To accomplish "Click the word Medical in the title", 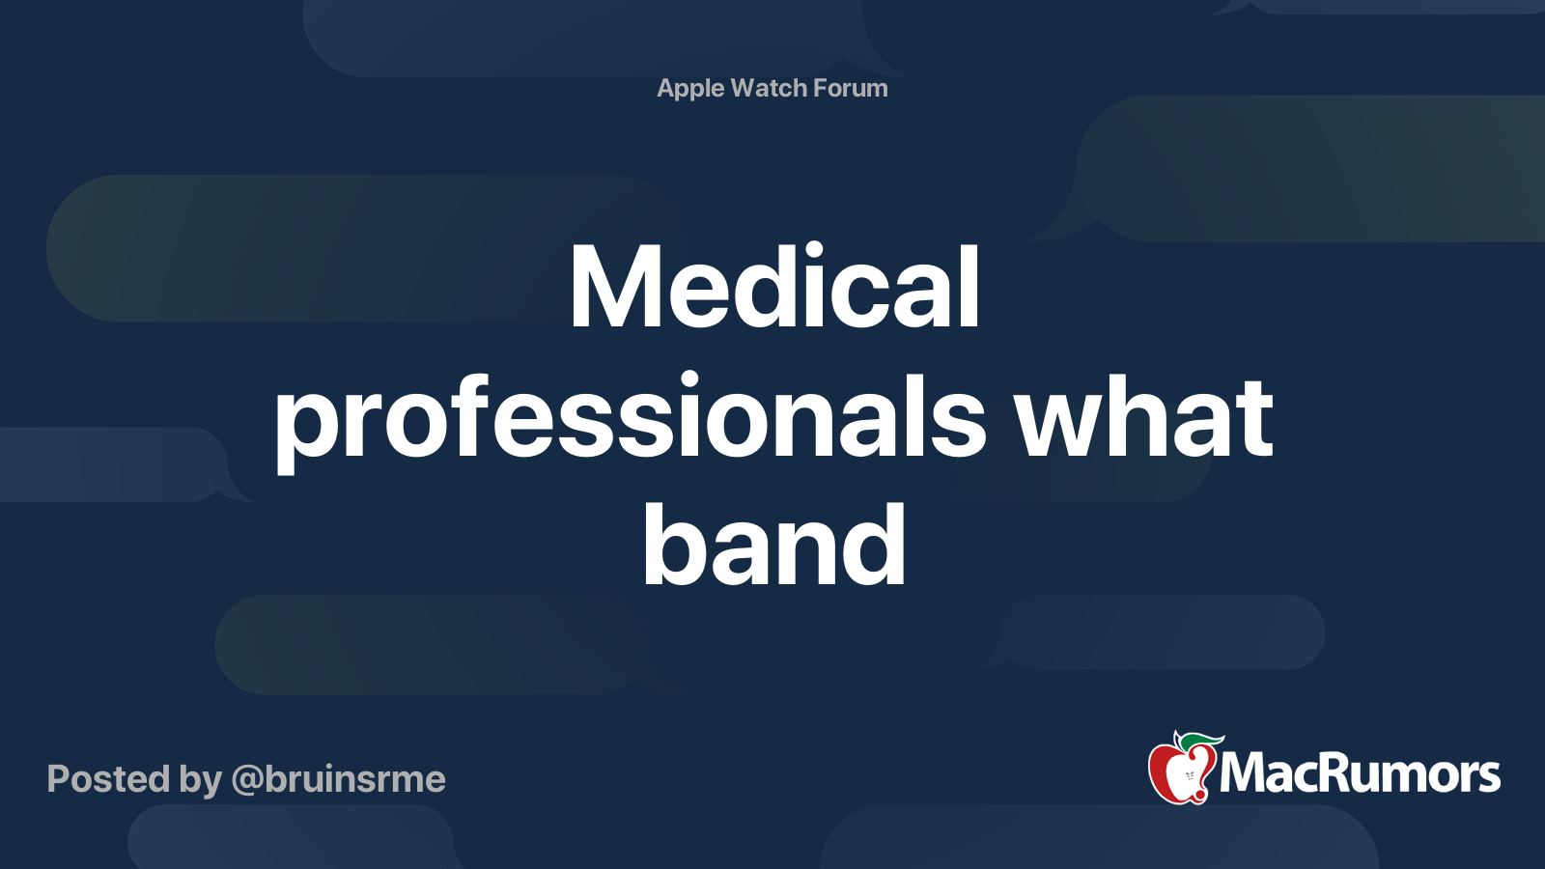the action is tap(773, 285).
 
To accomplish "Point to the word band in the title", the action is tap(773, 545).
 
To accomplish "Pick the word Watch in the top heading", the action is tap(769, 88).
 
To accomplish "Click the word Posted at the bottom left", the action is tap(109, 778).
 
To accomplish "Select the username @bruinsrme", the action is tap(339, 779).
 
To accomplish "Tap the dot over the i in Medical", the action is tap(815, 251).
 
